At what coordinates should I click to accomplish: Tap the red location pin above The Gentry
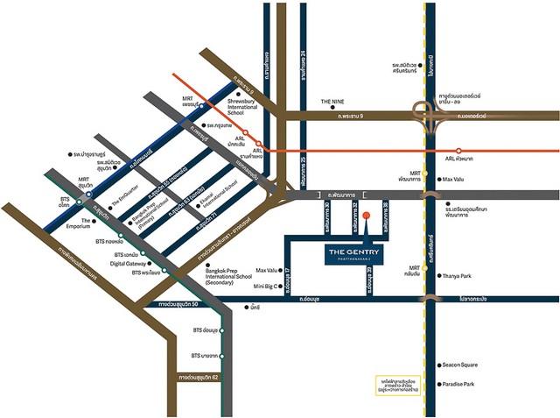367,216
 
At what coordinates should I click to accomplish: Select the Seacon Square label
461,365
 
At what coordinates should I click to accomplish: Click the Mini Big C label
265,286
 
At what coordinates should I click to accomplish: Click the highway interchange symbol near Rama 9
431,115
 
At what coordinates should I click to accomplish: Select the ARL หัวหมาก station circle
458,151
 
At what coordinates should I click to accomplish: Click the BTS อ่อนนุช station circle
222,330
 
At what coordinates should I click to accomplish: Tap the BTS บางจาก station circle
222,356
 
